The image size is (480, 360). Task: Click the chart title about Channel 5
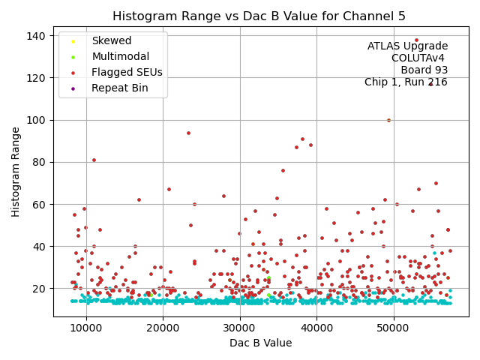point(259,16)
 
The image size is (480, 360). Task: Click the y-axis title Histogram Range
point(16,172)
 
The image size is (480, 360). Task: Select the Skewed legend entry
point(111,40)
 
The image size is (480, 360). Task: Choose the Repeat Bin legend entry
point(119,88)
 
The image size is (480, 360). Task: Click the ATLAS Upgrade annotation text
point(407,46)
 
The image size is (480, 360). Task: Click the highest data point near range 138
point(417,40)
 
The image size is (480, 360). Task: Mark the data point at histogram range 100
point(388,120)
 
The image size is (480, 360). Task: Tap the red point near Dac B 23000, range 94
point(188,133)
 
